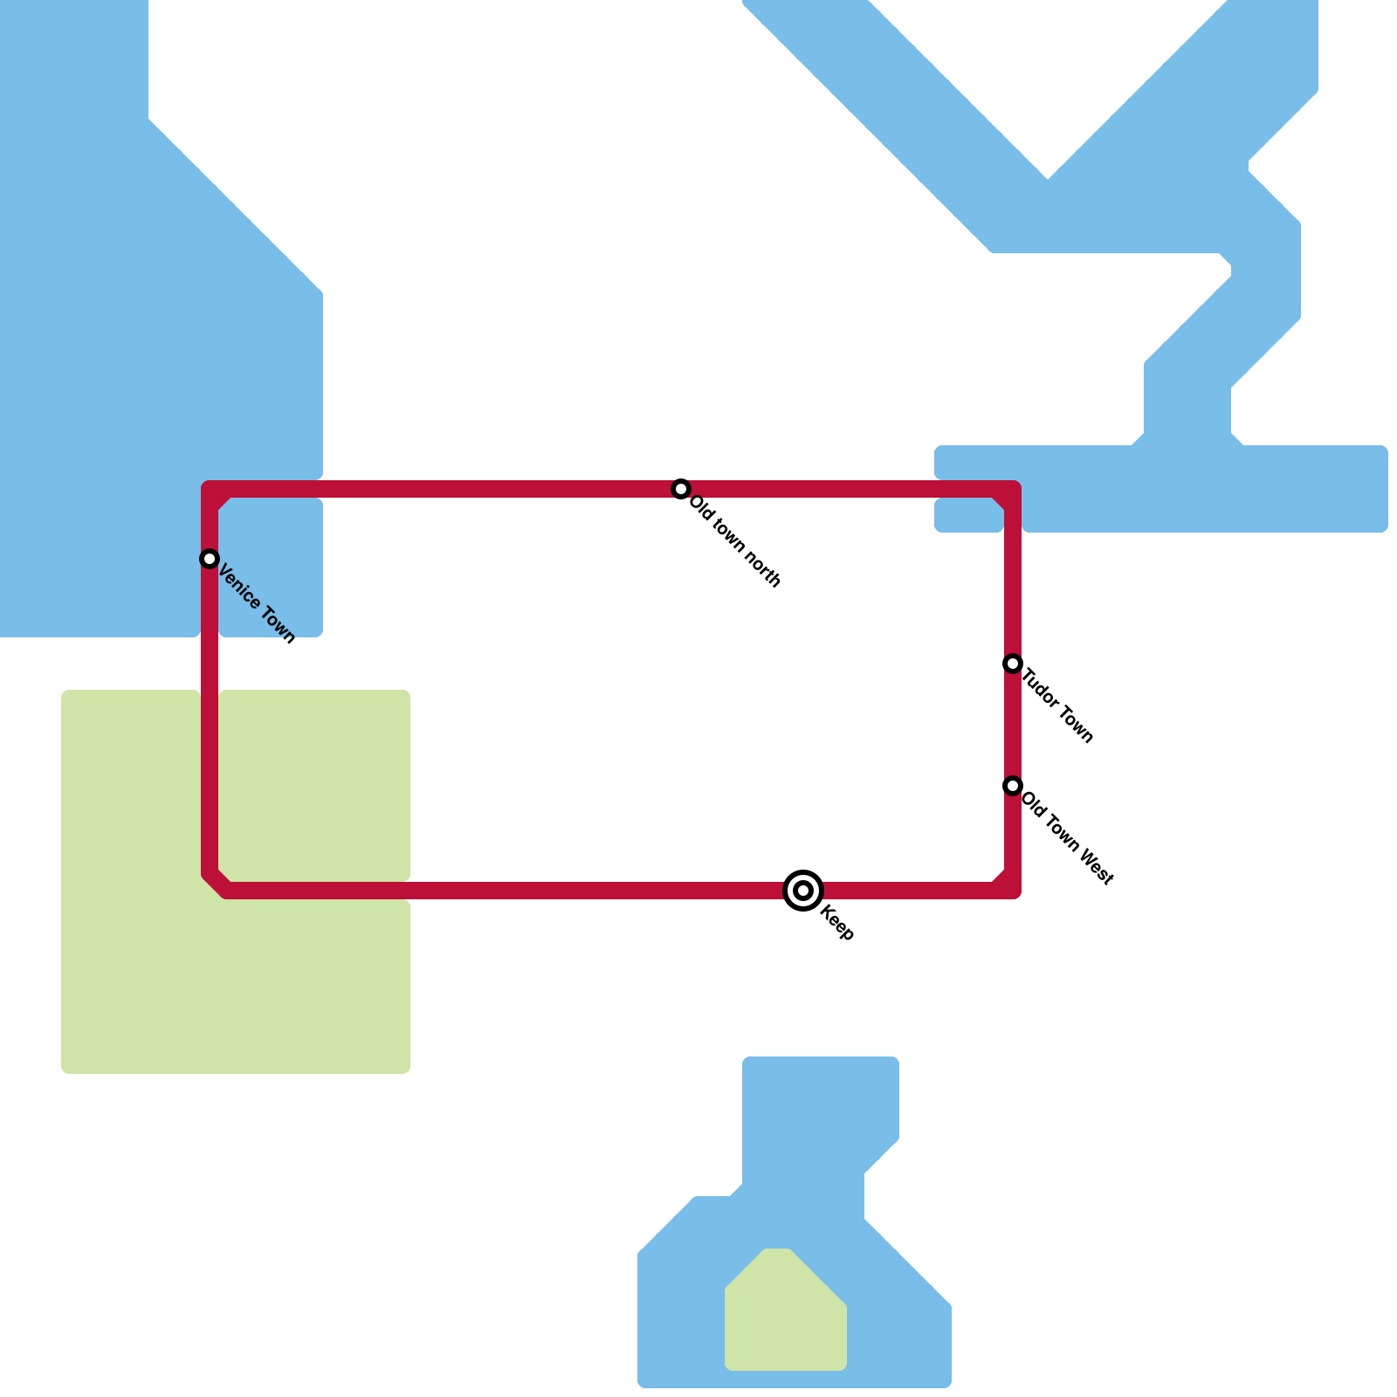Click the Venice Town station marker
point(209,559)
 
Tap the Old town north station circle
point(681,489)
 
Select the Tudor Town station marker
point(1013,664)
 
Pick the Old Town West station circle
point(1013,786)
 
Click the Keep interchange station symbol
point(803,891)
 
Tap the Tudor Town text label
point(1057,705)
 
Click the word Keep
point(837,924)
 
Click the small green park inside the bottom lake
point(784,1314)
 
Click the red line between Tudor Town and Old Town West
point(1013,725)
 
